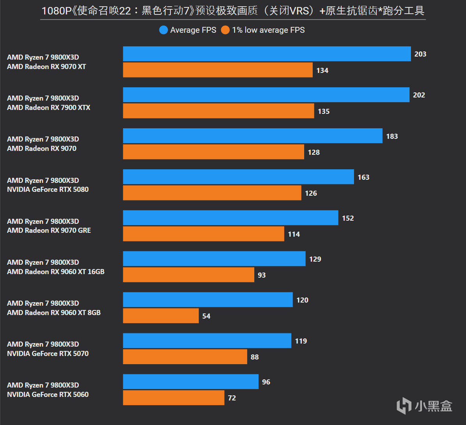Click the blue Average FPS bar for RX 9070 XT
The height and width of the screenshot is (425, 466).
coord(267,54)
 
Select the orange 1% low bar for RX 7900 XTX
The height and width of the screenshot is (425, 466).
coord(218,111)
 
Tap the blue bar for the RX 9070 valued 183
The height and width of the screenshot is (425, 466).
coord(253,136)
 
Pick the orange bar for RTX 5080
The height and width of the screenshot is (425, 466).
coord(212,193)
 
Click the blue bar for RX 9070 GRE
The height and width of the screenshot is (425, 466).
coord(230,218)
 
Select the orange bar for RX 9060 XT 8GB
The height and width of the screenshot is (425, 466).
coord(161,315)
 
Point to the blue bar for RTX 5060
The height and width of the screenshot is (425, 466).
coord(191,381)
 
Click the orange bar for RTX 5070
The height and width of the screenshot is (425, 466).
coord(185,356)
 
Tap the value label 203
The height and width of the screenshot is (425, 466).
coord(420,54)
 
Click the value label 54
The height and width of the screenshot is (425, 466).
coord(206,316)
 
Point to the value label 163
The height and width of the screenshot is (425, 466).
coord(363,177)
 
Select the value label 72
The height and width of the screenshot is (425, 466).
coord(232,398)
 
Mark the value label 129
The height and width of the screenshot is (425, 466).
coord(315,259)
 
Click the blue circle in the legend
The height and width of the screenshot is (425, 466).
coord(163,30)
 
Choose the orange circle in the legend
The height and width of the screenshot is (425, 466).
coord(225,30)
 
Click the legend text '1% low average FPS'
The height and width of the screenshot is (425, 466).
coord(268,30)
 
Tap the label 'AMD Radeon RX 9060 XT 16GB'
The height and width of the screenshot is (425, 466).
coord(56,272)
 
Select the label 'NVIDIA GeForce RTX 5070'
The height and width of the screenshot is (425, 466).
coord(48,354)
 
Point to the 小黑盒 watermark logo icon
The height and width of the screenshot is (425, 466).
coord(404,406)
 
